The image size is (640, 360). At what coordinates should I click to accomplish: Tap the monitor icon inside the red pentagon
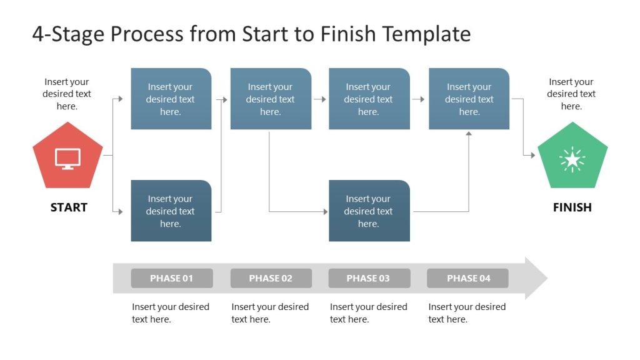[67, 158]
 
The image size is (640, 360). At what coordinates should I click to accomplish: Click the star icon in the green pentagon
[572, 159]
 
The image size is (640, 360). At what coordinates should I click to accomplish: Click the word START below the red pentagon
[69, 207]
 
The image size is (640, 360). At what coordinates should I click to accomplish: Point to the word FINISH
[572, 207]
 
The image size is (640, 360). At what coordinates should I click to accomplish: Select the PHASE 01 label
[171, 278]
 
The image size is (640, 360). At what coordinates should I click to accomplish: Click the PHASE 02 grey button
[271, 278]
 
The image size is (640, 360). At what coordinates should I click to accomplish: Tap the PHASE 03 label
[369, 278]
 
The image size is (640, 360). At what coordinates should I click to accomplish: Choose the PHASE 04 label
[468, 278]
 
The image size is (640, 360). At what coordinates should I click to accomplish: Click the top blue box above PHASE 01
[171, 99]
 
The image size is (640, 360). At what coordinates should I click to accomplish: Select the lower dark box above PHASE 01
[171, 211]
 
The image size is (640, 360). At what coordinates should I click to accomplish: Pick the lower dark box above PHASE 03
[369, 211]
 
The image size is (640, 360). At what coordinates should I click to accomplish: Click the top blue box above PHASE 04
[469, 99]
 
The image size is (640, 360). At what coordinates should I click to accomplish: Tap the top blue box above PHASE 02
[271, 99]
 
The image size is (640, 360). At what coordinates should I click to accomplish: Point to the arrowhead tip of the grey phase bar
[545, 278]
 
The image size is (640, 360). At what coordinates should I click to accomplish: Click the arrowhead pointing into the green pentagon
[532, 155]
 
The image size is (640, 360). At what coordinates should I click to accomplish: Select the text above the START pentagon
[66, 94]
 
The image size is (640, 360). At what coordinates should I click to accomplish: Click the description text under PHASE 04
[467, 312]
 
